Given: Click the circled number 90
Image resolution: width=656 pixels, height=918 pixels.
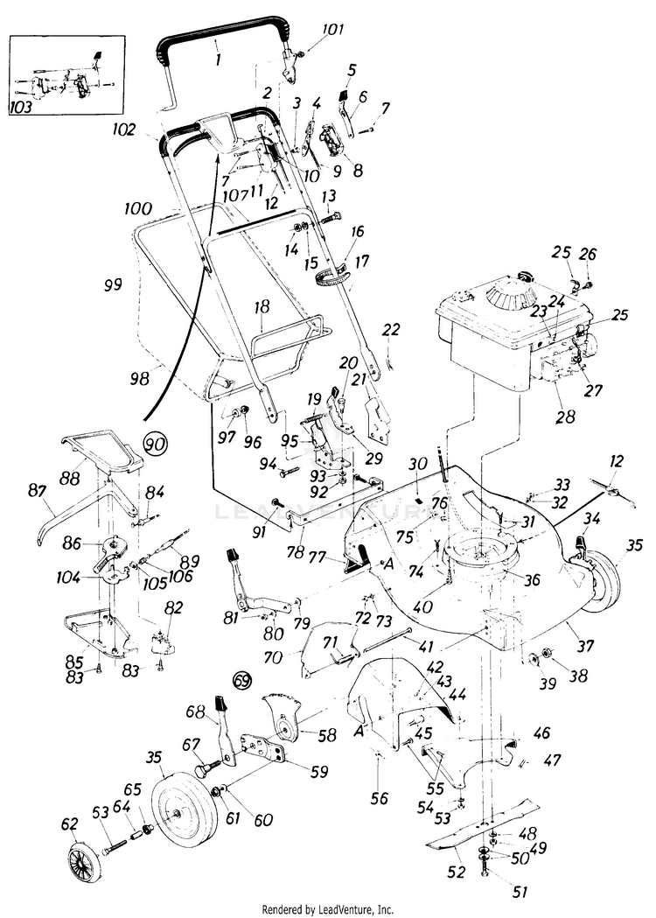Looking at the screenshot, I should (x=155, y=445).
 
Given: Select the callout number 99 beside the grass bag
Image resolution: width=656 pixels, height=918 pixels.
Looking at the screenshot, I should (x=112, y=284).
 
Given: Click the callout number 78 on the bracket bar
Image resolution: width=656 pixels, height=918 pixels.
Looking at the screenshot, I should (x=296, y=554).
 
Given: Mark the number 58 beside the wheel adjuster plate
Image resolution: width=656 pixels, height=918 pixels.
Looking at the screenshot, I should (x=328, y=737).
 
